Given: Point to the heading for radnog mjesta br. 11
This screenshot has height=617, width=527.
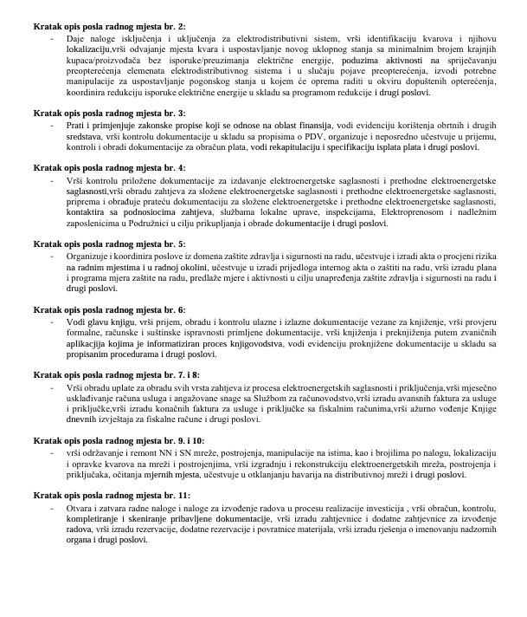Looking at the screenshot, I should [x=112, y=495].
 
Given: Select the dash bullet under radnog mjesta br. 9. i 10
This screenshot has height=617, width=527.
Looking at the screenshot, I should [x=55, y=451].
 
